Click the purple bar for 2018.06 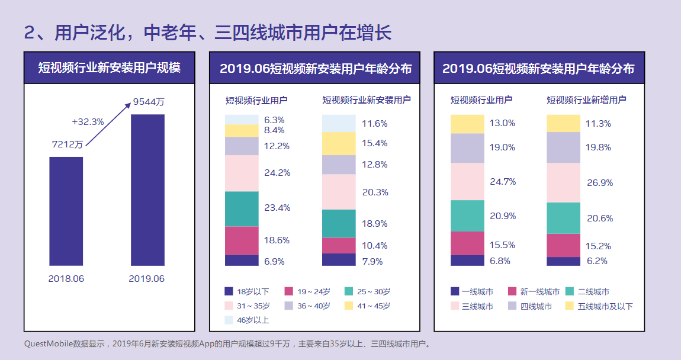click(x=66, y=211)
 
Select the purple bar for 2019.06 click(x=147, y=189)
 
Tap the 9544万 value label click(x=149, y=102)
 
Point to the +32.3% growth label click(x=88, y=122)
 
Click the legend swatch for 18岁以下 click(x=229, y=291)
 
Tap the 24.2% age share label click(x=277, y=173)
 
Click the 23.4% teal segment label click(x=277, y=208)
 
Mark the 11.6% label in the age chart click(x=374, y=124)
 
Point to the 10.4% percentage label click(x=374, y=246)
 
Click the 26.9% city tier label click(x=599, y=183)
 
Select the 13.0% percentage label click(x=502, y=123)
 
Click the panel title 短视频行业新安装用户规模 click(x=110, y=67)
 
